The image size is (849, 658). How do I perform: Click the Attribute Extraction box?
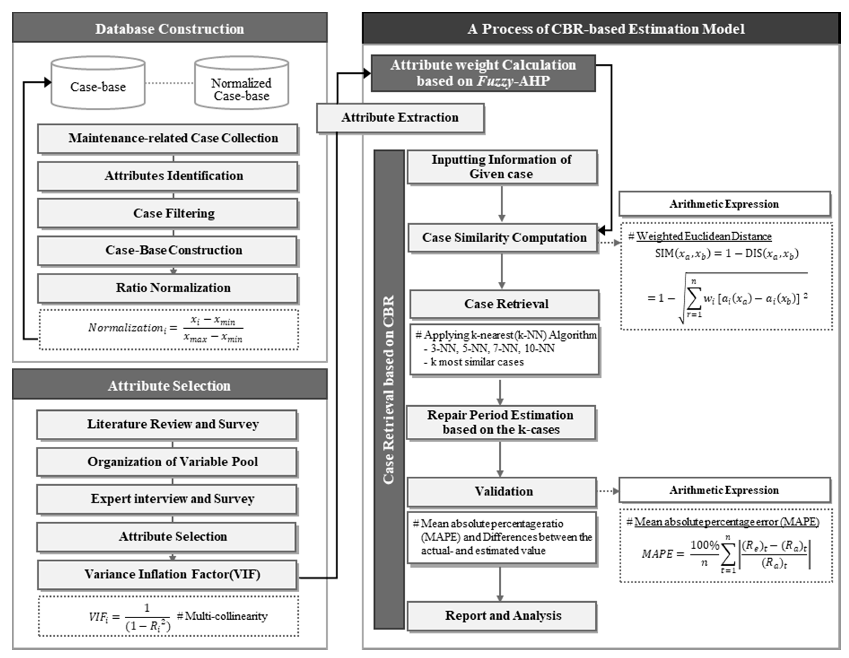(x=400, y=118)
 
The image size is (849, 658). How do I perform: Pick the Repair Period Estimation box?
(x=501, y=422)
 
